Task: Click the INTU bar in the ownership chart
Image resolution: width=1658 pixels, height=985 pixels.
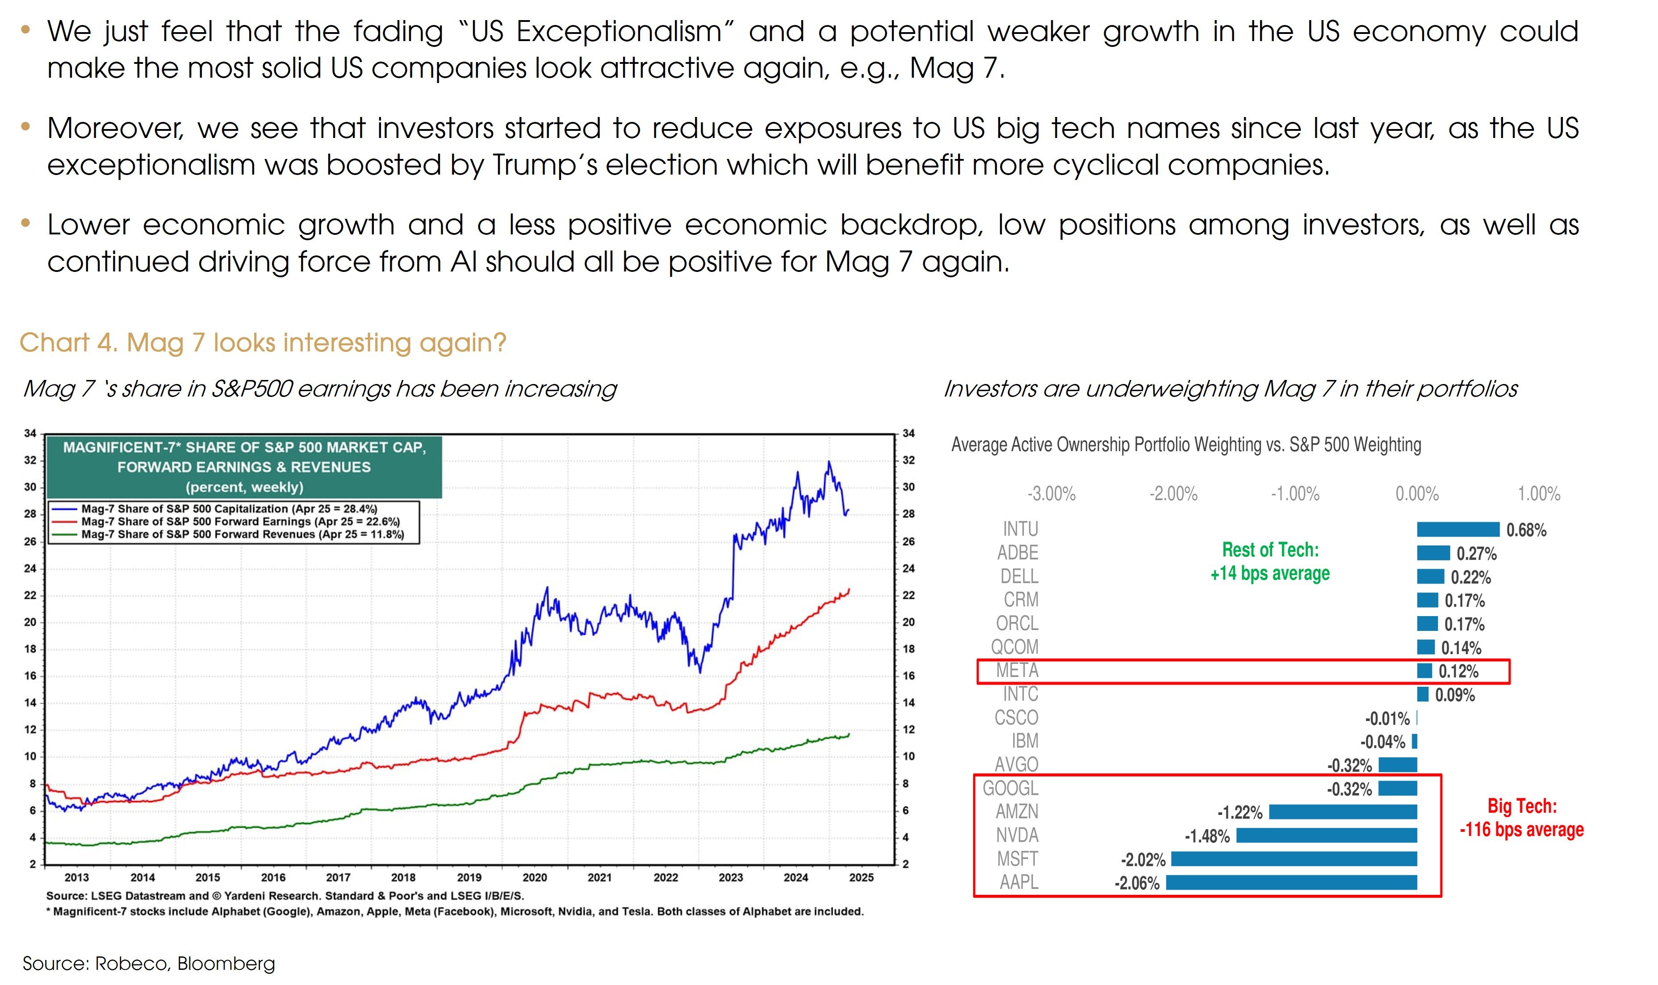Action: (1457, 529)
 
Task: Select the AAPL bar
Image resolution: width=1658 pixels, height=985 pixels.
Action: (1291, 882)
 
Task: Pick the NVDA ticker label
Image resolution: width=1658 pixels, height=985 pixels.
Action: (1017, 835)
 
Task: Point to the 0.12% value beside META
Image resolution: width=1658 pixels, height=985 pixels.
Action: (1458, 671)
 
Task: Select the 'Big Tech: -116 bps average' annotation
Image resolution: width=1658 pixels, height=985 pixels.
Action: (1521, 818)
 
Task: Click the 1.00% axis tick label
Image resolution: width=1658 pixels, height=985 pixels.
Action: (1538, 494)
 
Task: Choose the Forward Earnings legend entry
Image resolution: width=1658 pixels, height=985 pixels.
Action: (240, 522)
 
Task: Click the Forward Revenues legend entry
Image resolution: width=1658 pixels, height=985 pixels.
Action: (243, 534)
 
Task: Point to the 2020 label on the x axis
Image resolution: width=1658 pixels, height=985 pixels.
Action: (535, 877)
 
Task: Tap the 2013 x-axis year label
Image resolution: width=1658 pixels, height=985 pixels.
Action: (77, 877)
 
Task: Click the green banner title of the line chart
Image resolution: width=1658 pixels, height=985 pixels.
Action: (244, 467)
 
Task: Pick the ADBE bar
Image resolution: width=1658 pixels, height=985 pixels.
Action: (1432, 553)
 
